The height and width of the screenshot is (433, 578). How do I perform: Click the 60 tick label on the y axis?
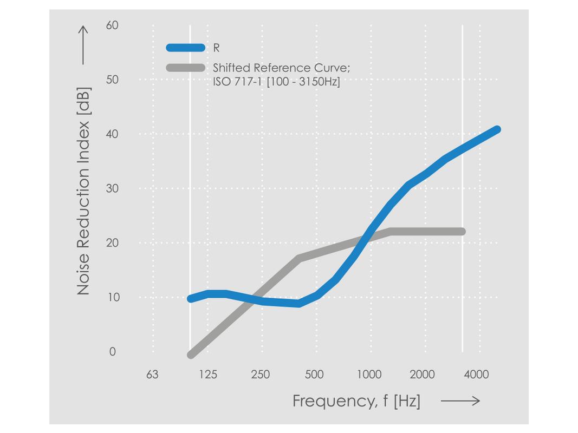pos(112,25)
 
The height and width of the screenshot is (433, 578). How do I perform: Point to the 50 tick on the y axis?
pos(112,80)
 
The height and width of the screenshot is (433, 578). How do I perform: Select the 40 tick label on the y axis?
pos(112,134)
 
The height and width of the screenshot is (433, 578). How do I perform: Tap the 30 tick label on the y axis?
pos(112,188)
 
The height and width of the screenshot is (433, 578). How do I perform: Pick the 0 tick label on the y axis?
pos(113,352)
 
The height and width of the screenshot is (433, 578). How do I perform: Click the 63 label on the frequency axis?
pos(152,375)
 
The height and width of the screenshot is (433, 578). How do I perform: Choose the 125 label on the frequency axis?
pos(207,375)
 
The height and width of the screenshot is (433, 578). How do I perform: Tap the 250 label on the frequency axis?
pos(261,375)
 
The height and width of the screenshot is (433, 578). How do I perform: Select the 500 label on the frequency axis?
pos(314,375)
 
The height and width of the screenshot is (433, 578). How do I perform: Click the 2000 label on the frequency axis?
pos(422,375)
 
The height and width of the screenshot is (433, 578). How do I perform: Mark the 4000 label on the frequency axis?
pos(477,375)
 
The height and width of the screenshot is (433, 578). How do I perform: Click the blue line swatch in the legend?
pos(186,48)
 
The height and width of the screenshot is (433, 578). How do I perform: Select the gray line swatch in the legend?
pos(186,68)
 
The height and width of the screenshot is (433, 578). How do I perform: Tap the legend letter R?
pos(216,48)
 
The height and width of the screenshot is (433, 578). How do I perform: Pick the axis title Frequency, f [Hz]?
pos(356,401)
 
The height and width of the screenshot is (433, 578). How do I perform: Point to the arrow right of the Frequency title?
pos(460,401)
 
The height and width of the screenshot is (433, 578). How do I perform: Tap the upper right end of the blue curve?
pos(496,130)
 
